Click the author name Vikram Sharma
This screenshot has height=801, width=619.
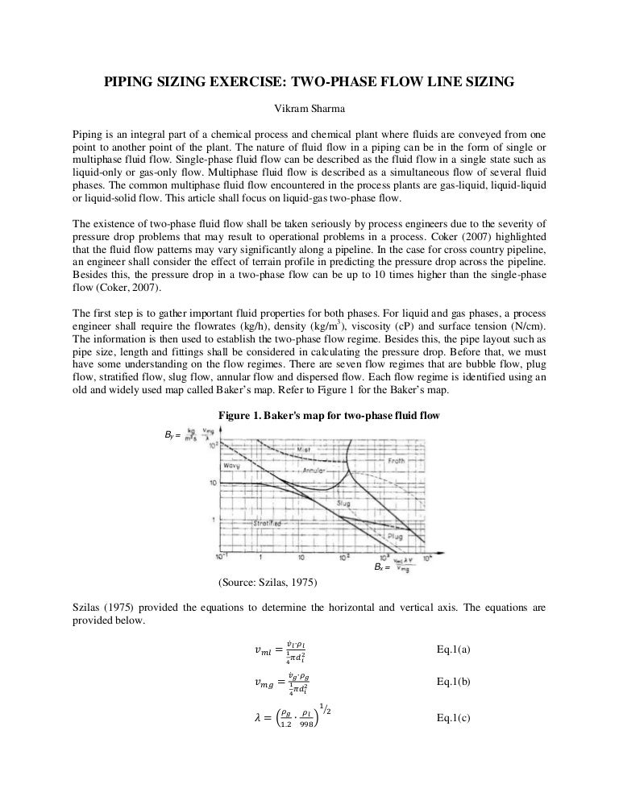click(309, 109)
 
